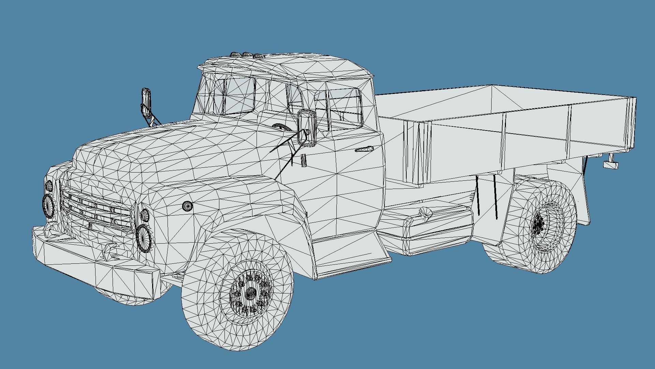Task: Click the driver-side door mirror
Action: click(306, 128)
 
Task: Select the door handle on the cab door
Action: click(364, 149)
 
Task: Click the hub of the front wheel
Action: click(250, 293)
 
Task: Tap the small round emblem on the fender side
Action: click(187, 206)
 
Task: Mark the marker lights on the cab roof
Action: click(245, 55)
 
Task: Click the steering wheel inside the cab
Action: click(282, 127)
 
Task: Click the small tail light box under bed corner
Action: click(611, 165)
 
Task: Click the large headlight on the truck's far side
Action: click(48, 205)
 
